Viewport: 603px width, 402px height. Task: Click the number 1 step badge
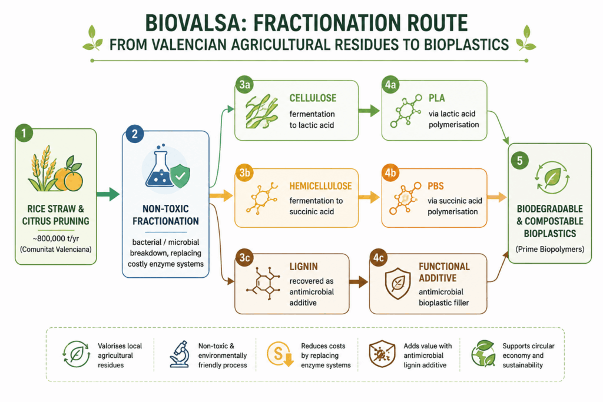tap(24, 133)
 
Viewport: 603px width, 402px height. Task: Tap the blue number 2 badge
tap(134, 134)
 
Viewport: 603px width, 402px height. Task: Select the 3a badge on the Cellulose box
tap(244, 85)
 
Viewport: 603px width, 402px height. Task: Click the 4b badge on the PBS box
tap(390, 172)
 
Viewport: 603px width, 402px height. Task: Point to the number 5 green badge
tap(519, 160)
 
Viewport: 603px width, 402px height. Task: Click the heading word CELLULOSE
tap(313, 98)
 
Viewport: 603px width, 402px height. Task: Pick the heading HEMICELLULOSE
tap(320, 186)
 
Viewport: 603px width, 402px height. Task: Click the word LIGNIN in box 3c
tap(303, 267)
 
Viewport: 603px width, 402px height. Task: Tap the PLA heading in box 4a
tap(437, 98)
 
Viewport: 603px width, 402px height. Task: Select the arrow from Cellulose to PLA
tap(369, 111)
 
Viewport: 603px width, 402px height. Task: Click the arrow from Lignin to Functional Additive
tap(359, 282)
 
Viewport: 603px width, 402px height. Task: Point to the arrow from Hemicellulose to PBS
tap(369, 197)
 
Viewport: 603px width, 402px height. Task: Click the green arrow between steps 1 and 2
tap(108, 194)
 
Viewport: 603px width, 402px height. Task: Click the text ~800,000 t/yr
tap(56, 238)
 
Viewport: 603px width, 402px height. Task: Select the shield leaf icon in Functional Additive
tap(397, 284)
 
